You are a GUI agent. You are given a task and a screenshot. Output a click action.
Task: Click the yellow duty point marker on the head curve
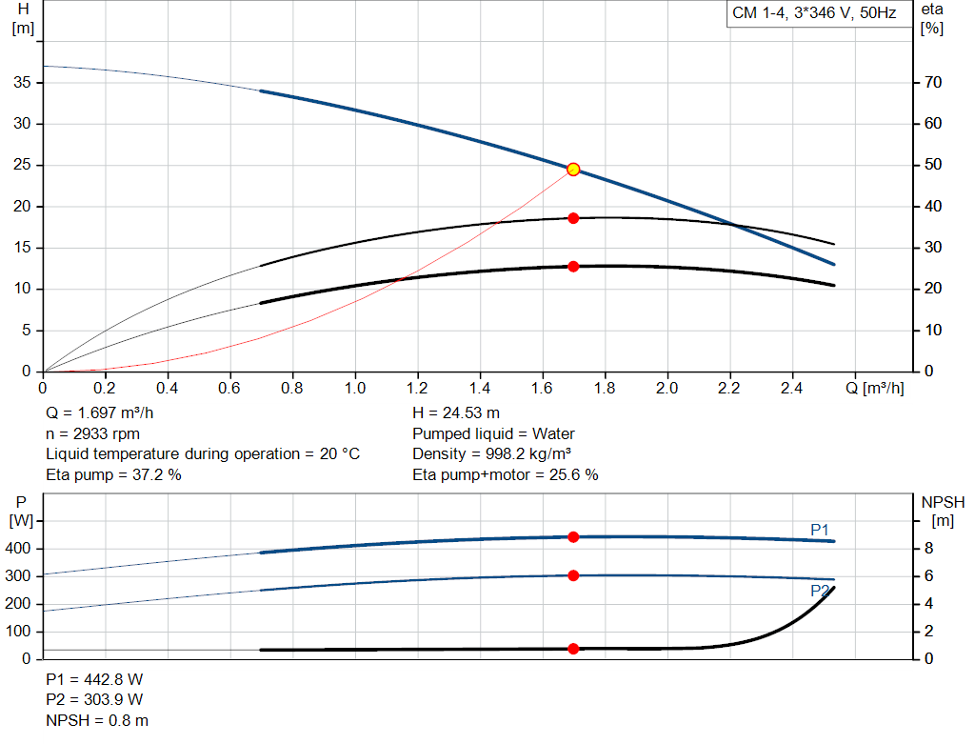coord(573,170)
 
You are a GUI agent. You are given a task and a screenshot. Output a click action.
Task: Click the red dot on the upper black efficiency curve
coord(573,218)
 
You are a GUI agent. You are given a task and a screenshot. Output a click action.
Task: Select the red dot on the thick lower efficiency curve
coord(573,267)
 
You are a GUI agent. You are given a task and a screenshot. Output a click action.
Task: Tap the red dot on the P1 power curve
coord(573,537)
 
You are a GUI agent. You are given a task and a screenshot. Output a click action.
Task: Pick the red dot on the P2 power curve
coord(573,575)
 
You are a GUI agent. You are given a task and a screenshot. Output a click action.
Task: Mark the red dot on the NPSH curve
coord(573,649)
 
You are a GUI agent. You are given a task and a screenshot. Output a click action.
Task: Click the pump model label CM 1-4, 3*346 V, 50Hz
coord(814,14)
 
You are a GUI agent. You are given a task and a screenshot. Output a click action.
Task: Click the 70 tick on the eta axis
coord(932,83)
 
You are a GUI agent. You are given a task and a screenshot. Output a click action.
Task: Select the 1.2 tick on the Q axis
coord(417,388)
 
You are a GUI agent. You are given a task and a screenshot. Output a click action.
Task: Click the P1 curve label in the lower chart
coord(820,529)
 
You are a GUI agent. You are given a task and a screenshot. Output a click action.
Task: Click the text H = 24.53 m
coord(455,413)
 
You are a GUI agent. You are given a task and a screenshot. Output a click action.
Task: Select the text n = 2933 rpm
coord(92,433)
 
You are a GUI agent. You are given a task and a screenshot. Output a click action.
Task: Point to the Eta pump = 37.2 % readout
coord(113,474)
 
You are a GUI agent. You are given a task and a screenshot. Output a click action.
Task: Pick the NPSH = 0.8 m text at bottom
coord(97,721)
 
